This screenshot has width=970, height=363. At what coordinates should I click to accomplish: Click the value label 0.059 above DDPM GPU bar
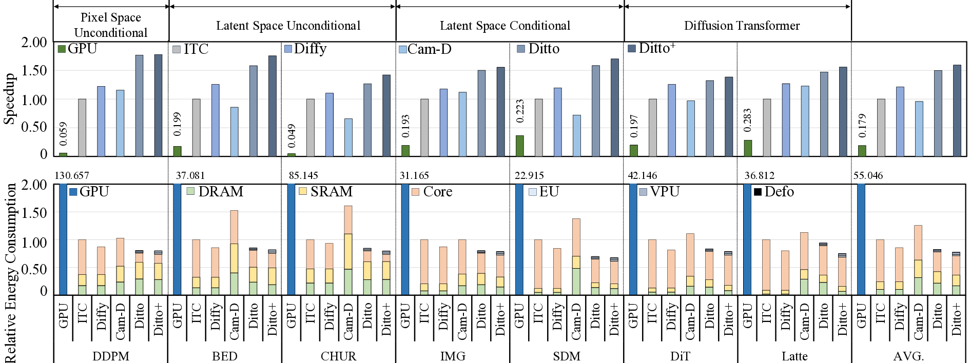point(63,133)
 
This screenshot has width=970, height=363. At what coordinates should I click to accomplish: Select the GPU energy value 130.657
point(72,175)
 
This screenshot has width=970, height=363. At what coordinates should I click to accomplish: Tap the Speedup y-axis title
point(9,99)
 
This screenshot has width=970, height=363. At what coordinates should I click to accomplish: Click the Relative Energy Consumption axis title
point(10,272)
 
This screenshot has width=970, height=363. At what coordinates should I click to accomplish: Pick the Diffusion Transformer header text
point(742,26)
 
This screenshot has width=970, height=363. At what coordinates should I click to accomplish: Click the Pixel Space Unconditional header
point(111,25)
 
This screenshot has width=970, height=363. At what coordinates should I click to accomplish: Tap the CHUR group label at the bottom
point(338,356)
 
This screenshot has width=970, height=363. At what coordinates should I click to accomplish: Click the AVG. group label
point(908,356)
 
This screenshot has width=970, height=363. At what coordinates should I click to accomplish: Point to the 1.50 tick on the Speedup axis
point(34,70)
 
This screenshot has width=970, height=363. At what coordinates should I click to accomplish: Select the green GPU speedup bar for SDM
point(519,146)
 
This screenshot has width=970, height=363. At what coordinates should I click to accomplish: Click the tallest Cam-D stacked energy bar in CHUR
point(348,250)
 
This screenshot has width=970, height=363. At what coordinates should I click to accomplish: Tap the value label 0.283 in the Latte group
point(747,119)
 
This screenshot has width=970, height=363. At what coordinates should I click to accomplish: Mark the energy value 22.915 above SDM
point(529,175)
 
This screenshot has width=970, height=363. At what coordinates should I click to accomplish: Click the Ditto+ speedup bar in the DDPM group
point(158,105)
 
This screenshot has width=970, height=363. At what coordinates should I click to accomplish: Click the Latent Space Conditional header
point(505,26)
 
